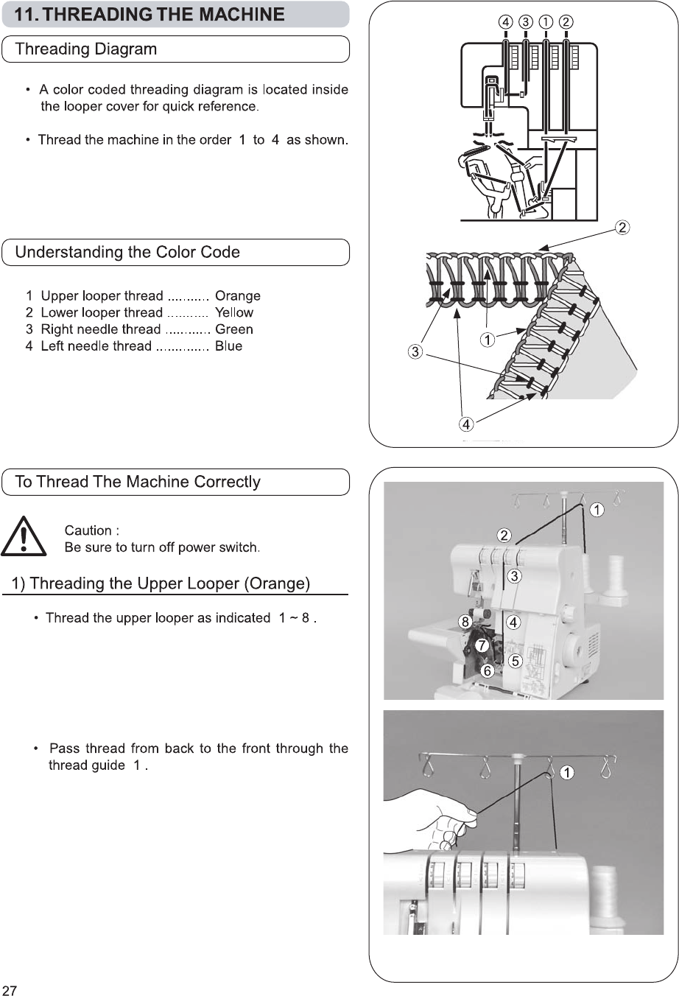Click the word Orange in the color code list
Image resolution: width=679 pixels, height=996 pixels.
(x=237, y=296)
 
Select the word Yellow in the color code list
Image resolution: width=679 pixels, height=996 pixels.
(x=233, y=312)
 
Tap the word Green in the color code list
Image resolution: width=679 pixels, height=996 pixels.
(x=233, y=329)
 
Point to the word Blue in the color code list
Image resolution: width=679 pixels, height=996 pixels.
(x=228, y=346)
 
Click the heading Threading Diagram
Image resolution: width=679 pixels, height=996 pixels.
(x=86, y=49)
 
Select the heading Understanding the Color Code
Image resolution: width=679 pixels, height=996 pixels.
(x=127, y=252)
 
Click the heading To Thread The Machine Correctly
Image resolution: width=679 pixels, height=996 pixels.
(x=138, y=482)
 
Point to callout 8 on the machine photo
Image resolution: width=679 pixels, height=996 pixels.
(x=465, y=622)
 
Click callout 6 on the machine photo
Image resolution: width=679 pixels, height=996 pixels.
(x=487, y=670)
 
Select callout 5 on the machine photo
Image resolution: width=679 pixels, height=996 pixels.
(x=516, y=661)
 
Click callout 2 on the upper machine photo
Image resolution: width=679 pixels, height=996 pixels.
(x=504, y=534)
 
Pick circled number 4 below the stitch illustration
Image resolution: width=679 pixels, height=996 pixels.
(x=466, y=424)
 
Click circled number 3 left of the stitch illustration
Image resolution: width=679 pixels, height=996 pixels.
(x=415, y=352)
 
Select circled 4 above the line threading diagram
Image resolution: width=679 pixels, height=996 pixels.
(x=506, y=21)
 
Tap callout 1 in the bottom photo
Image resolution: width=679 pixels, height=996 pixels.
(x=566, y=773)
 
